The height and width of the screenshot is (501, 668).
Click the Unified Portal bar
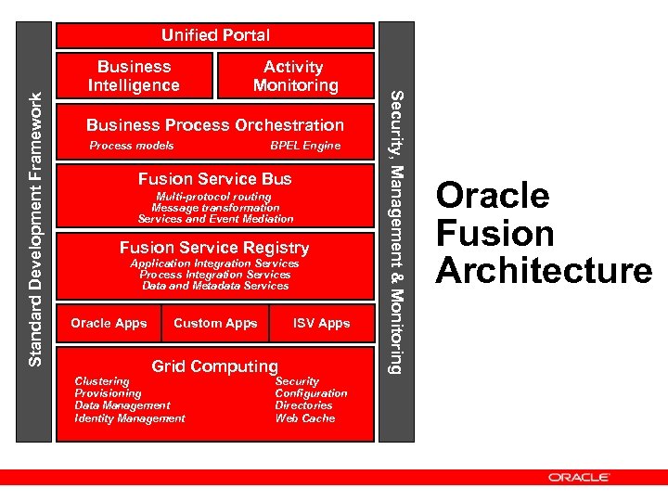[x=215, y=35]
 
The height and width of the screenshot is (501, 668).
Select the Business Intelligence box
[x=134, y=76]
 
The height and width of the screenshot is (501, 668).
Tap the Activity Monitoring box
[x=295, y=76]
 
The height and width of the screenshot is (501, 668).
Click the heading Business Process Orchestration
[x=214, y=125]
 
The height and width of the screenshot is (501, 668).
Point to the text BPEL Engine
[x=304, y=146]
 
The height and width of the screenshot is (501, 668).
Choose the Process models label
[x=132, y=146]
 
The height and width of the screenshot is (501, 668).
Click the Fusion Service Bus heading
[x=214, y=179]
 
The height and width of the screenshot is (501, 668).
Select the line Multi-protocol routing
[x=214, y=197]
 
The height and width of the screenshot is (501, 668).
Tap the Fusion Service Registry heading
[x=214, y=248]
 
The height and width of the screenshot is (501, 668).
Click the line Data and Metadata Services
[x=214, y=286]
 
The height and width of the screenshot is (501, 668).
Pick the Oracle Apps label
[x=109, y=324]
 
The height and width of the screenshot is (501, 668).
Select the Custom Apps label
[x=215, y=324]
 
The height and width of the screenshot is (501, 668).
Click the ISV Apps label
[x=321, y=324]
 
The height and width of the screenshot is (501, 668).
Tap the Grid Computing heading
[x=214, y=366]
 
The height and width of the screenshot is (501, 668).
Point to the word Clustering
[x=102, y=381]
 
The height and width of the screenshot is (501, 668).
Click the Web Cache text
[x=305, y=418]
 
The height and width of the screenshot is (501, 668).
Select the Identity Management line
[x=130, y=418]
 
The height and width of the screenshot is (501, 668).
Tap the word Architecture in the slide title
[x=544, y=271]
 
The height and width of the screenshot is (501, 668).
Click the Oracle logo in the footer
[x=578, y=478]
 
